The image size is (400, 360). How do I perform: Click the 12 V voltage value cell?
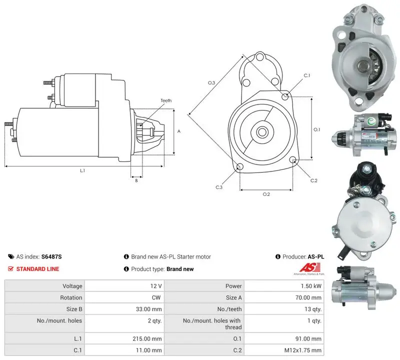[156, 286]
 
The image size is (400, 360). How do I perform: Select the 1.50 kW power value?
[311, 286]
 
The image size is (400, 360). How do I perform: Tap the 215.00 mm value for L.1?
[147, 339]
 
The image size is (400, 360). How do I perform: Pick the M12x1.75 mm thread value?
[303, 350]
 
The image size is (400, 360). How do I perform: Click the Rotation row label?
[71, 297]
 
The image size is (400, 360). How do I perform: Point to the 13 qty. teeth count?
[313, 309]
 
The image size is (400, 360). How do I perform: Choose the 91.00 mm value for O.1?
[308, 339]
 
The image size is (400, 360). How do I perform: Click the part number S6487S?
[51, 256]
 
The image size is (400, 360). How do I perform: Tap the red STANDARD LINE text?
[38, 269]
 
